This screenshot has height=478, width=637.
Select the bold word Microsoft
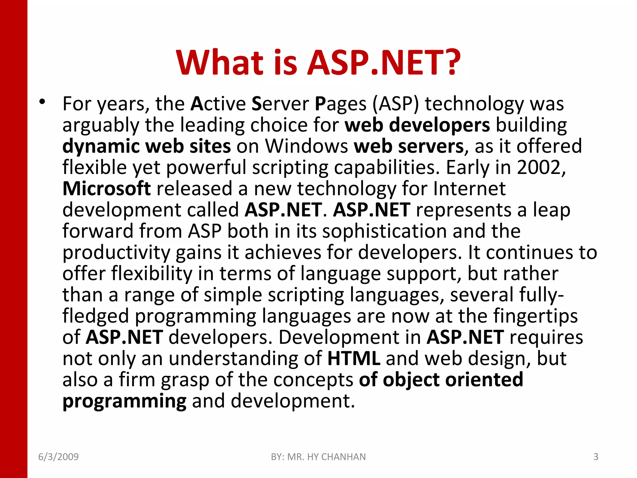[107, 189]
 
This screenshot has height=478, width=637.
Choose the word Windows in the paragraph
[306, 146]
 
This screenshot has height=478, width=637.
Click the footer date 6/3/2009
[58, 457]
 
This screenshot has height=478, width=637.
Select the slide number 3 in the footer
[596, 457]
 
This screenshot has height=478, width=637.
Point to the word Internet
[470, 189]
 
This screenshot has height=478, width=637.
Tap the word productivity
[116, 253]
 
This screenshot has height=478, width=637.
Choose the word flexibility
[152, 274]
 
